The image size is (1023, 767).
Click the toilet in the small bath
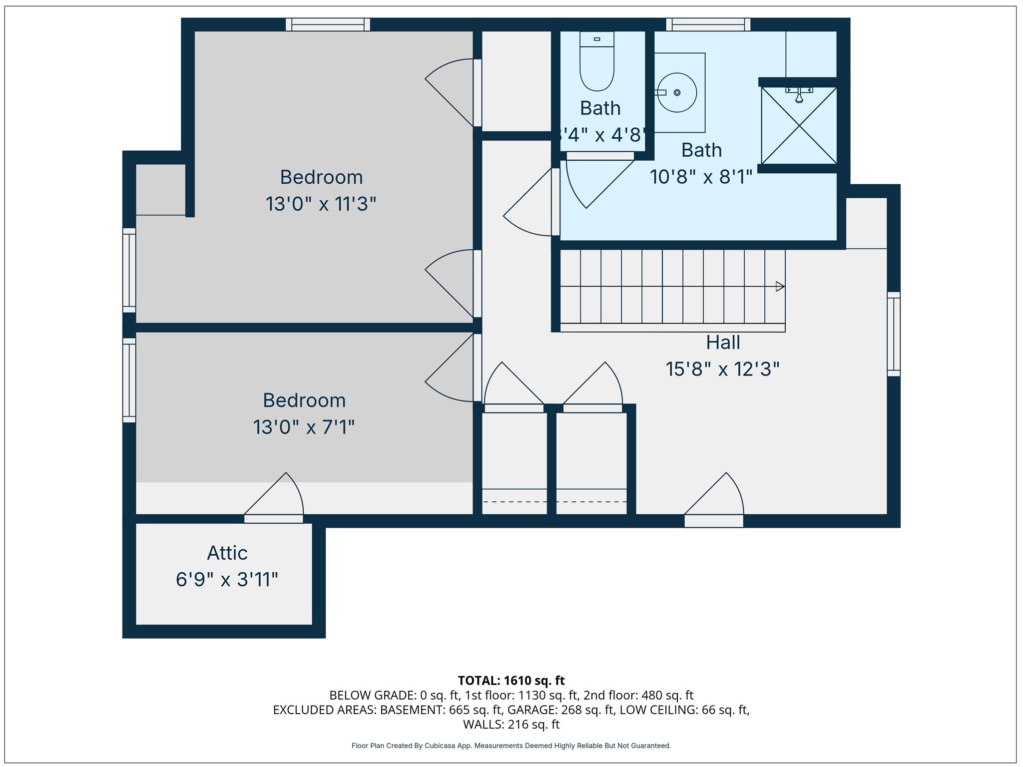(597, 62)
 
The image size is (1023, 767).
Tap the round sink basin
(677, 92)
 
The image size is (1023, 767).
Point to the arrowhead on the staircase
(780, 287)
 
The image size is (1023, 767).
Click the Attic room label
(227, 553)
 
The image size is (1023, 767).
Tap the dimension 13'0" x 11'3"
(321, 204)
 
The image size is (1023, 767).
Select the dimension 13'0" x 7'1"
(304, 427)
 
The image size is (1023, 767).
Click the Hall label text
(723, 343)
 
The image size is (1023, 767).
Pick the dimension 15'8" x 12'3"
(722, 370)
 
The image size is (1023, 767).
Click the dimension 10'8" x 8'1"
(701, 177)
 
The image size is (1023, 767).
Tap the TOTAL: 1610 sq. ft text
(511, 681)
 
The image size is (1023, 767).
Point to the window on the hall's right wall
(894, 334)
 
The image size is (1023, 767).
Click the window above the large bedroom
(328, 24)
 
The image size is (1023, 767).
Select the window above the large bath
(708, 24)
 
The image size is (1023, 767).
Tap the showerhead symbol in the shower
(799, 95)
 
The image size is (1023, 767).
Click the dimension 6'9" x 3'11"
(227, 580)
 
